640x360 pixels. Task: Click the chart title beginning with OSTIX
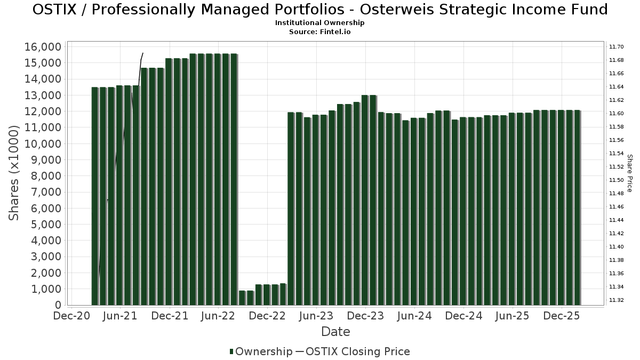pyautogui.click(x=320, y=10)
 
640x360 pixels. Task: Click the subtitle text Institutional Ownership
pyautogui.click(x=320, y=23)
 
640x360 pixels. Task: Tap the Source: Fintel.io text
pyautogui.click(x=320, y=32)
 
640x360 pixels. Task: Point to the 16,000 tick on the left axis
pyautogui.click(x=43, y=47)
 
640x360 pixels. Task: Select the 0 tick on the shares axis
pyautogui.click(x=57, y=305)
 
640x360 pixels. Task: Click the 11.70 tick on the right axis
pyautogui.click(x=617, y=47)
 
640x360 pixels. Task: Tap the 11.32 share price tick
pyautogui.click(x=617, y=300)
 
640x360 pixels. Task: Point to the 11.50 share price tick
pyautogui.click(x=617, y=180)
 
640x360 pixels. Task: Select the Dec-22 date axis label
pyautogui.click(x=267, y=316)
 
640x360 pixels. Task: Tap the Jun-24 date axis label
pyautogui.click(x=414, y=316)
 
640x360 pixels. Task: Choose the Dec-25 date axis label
pyautogui.click(x=562, y=316)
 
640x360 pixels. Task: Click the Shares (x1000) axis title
pyautogui.click(x=14, y=173)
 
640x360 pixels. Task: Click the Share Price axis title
pyautogui.click(x=629, y=173)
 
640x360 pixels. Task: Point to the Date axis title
pyautogui.click(x=335, y=332)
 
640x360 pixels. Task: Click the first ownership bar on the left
pyautogui.click(x=95, y=196)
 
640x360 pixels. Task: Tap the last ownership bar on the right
pyautogui.click(x=577, y=207)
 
